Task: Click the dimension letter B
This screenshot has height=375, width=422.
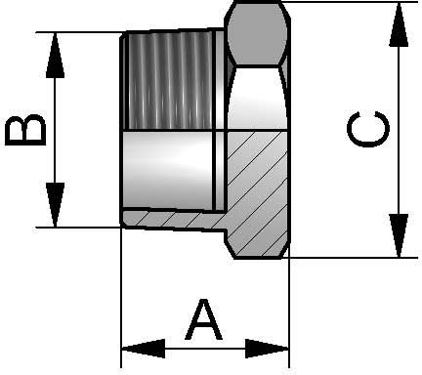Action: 25,130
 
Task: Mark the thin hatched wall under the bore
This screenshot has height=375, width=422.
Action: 171,218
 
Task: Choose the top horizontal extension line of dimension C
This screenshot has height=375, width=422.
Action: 342,3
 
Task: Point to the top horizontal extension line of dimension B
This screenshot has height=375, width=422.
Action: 78,33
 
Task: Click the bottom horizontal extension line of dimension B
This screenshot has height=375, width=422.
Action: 78,228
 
